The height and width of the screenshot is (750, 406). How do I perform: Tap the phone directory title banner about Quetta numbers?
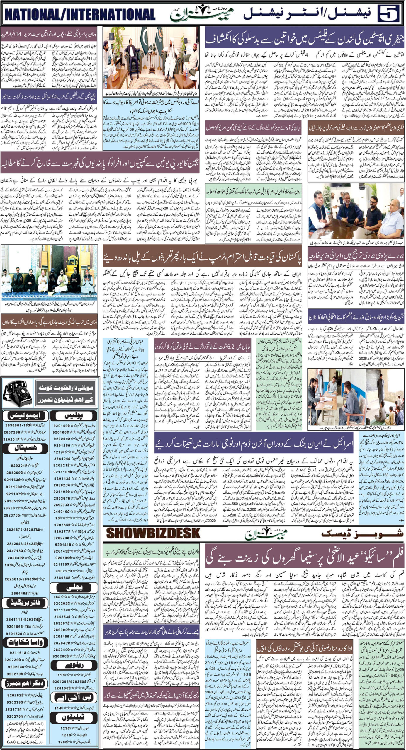65,392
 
